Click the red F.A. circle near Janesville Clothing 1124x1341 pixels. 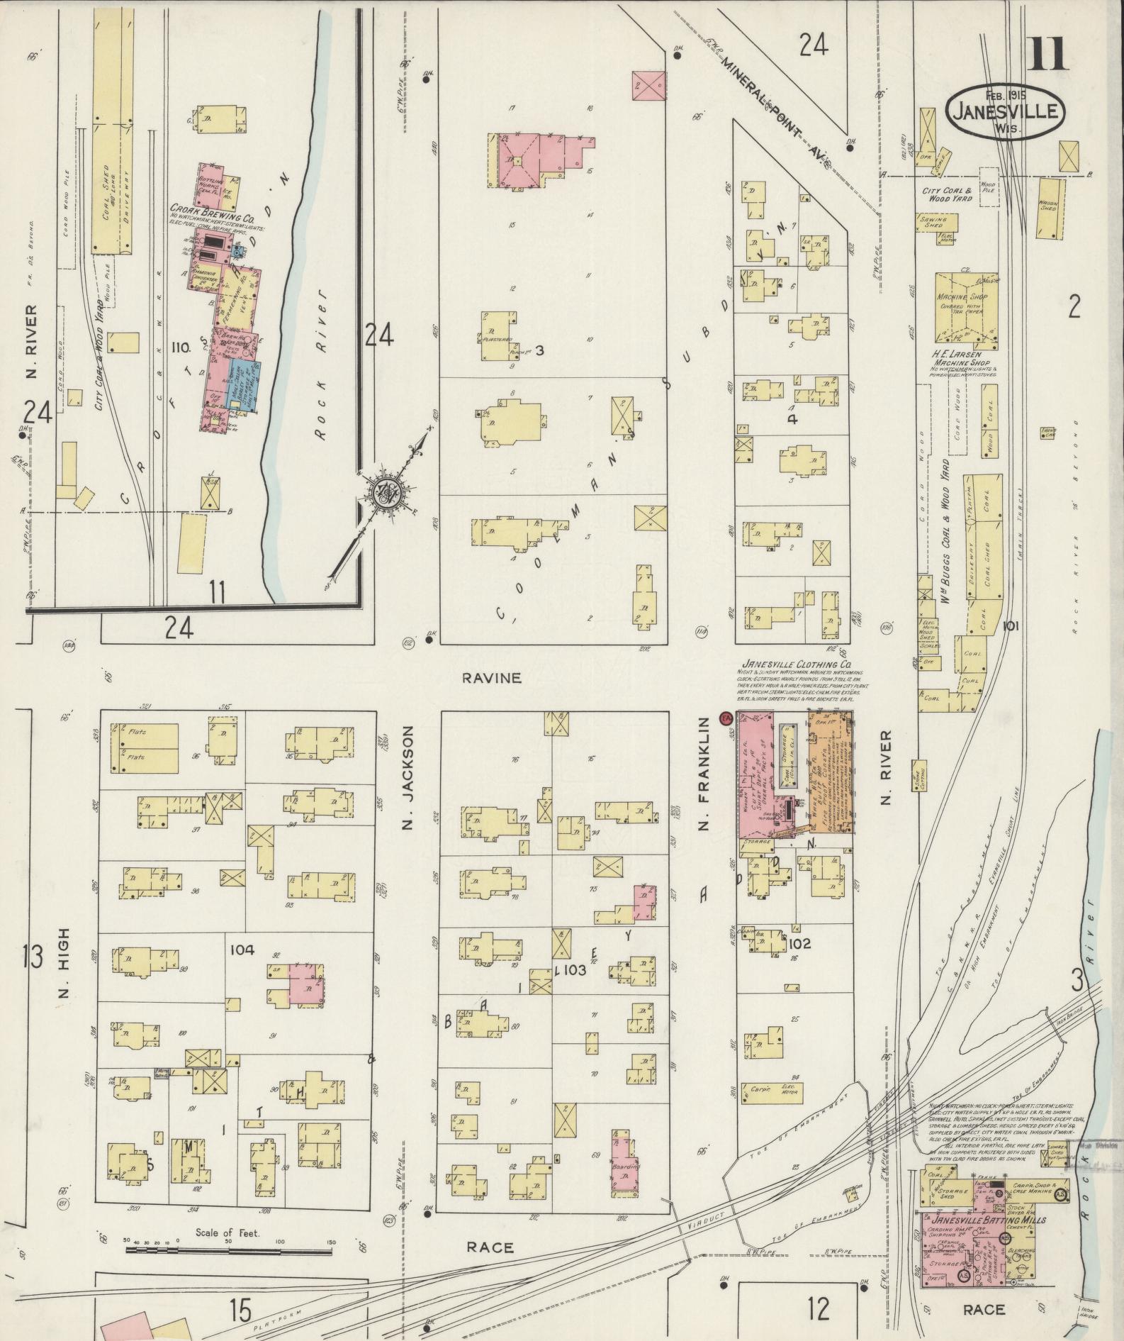(725, 718)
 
